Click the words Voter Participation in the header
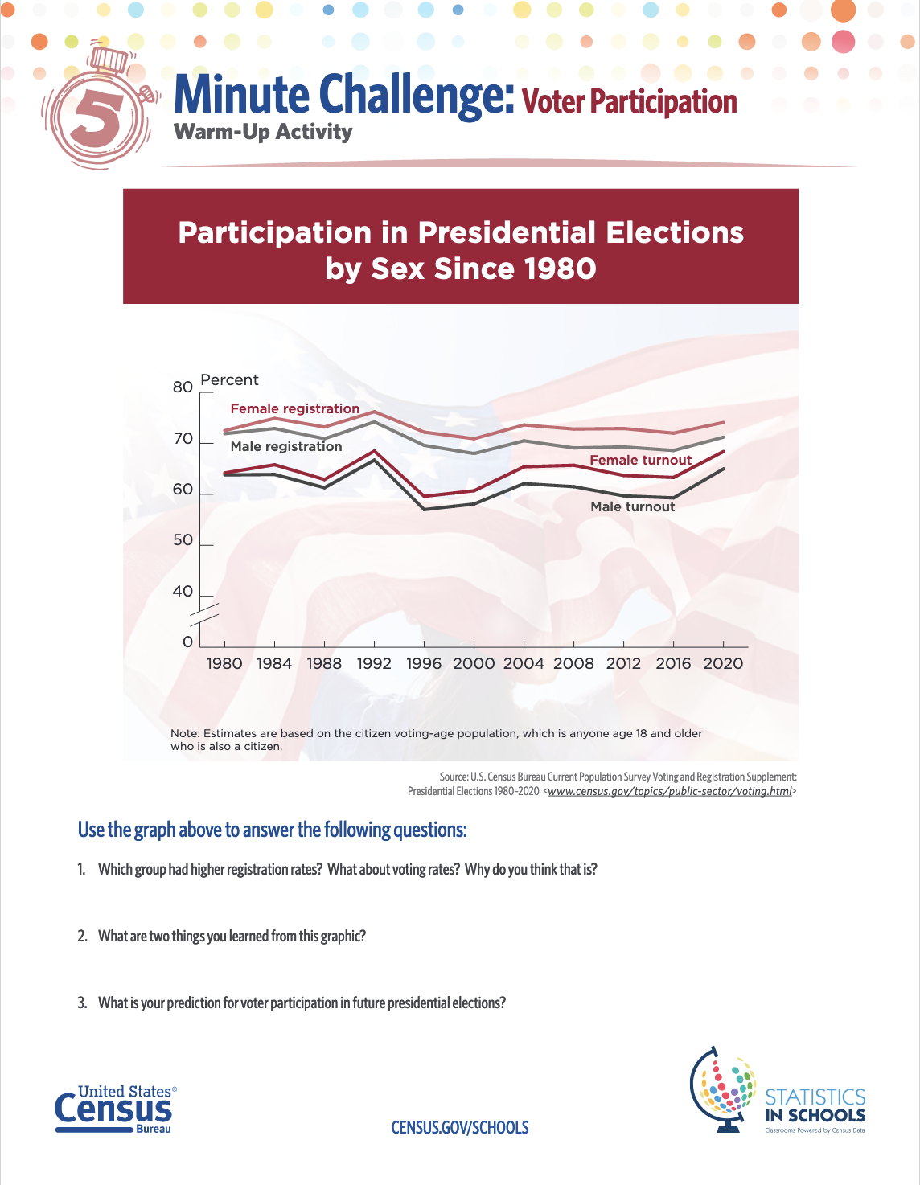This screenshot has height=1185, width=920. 629,102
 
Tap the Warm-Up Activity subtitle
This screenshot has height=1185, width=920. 263,132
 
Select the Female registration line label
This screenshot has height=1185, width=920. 295,408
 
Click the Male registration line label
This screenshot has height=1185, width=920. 286,446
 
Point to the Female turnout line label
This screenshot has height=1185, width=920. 640,460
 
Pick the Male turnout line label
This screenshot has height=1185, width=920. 633,506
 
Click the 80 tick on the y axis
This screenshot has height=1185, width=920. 183,387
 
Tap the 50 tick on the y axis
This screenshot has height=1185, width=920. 183,540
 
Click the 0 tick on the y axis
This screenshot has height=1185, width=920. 188,642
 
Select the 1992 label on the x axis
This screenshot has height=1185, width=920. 374,663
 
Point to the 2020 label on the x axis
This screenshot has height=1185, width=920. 723,663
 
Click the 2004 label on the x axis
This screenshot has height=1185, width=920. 524,663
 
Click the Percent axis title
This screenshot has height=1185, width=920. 229,379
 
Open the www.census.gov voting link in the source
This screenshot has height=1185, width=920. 669,791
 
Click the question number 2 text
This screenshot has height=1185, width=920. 232,936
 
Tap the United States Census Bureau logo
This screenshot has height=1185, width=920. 115,1109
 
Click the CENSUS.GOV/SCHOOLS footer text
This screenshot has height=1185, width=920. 460,1127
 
